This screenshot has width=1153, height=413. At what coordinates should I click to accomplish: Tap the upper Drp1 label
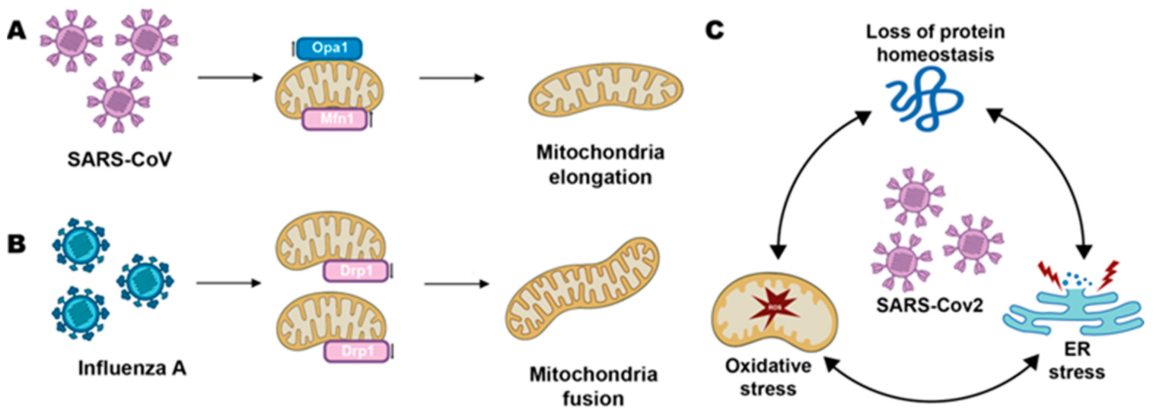click(356, 271)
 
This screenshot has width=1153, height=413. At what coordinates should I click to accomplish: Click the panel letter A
click(16, 32)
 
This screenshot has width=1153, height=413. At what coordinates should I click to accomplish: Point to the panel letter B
click(16, 246)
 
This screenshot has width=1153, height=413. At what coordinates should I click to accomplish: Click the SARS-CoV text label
click(120, 160)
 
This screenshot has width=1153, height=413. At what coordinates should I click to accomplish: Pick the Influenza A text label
click(132, 368)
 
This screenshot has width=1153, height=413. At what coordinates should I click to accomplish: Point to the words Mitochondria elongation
click(600, 165)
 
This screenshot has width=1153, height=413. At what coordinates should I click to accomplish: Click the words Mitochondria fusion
click(593, 386)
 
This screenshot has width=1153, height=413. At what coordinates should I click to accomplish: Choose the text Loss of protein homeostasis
click(935, 44)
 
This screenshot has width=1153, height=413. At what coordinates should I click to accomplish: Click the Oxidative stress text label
click(768, 377)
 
